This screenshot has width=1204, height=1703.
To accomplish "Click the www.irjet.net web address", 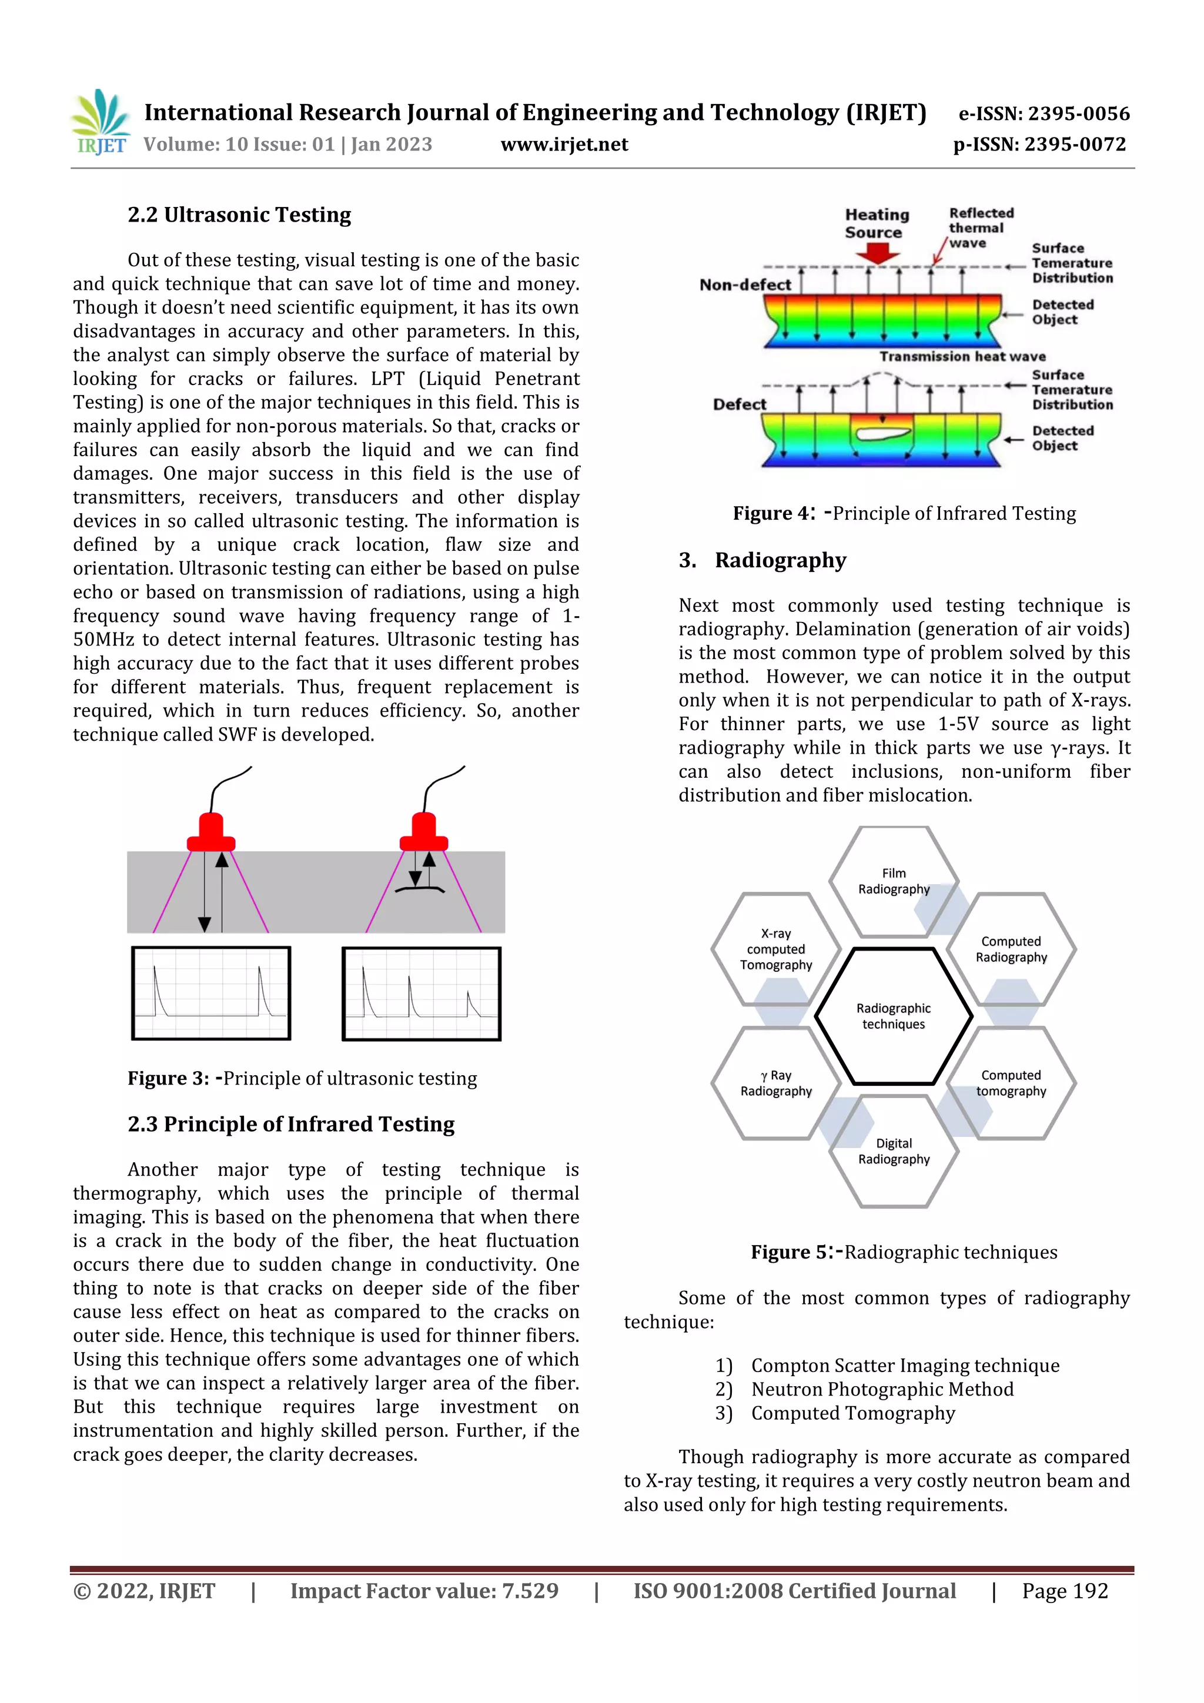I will [564, 144].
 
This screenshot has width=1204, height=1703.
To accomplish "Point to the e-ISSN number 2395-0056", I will [1044, 113].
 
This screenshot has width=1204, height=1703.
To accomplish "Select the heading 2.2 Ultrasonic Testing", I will [239, 215].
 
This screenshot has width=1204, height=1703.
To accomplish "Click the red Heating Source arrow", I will [877, 253].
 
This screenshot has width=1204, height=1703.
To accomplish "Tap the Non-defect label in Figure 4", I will [745, 285].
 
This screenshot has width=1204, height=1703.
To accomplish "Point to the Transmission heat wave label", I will [962, 357].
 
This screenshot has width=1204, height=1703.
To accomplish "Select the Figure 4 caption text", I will [904, 513].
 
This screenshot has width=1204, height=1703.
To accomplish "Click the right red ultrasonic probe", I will [424, 833].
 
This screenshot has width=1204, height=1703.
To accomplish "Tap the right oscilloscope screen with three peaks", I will [422, 993].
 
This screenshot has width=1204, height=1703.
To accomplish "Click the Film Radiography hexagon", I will [893, 881].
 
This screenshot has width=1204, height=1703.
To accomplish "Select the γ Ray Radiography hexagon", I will [776, 1083].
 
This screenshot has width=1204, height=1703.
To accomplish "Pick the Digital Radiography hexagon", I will [893, 1151].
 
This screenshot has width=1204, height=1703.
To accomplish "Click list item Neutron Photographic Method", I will [881, 1389].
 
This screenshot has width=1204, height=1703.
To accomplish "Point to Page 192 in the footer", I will [1065, 1591].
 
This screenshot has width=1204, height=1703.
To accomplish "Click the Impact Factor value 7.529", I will [424, 1591].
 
